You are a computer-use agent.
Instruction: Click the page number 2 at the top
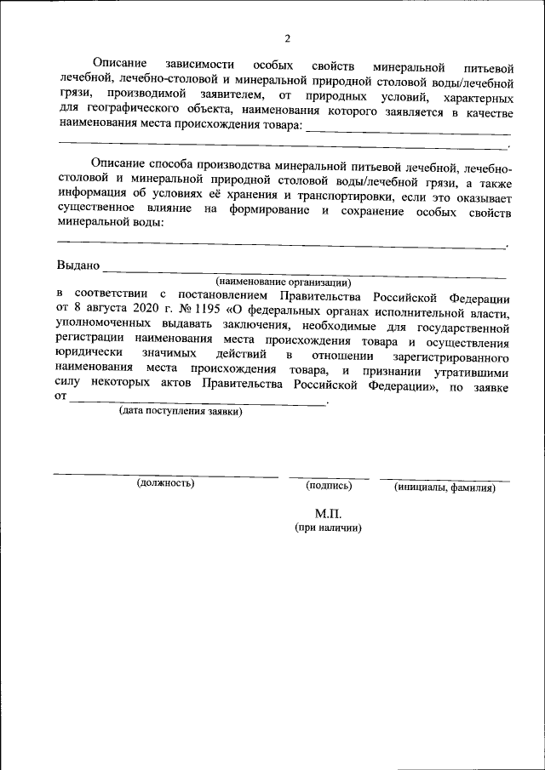pos(287,38)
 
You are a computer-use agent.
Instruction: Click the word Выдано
pos(77,265)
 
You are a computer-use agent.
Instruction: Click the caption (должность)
pos(165,484)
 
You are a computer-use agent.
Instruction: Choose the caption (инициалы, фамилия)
pos(445,488)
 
